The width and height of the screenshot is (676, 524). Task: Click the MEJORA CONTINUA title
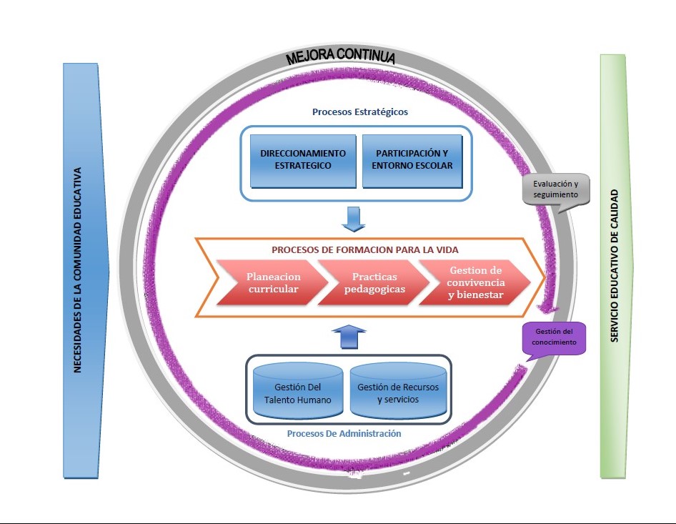click(340, 57)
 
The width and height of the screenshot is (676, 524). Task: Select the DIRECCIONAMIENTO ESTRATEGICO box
click(303, 159)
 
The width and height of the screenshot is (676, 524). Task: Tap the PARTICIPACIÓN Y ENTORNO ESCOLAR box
click(412, 159)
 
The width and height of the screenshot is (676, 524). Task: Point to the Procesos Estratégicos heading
click(360, 112)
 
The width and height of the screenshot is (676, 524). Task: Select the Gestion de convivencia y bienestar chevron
click(476, 282)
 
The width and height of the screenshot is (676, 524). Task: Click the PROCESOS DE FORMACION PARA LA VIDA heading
click(364, 250)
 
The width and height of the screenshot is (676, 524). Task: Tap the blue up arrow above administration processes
click(349, 336)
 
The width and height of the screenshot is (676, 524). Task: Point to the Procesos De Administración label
click(344, 433)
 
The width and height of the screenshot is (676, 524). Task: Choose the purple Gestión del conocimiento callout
click(555, 337)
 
